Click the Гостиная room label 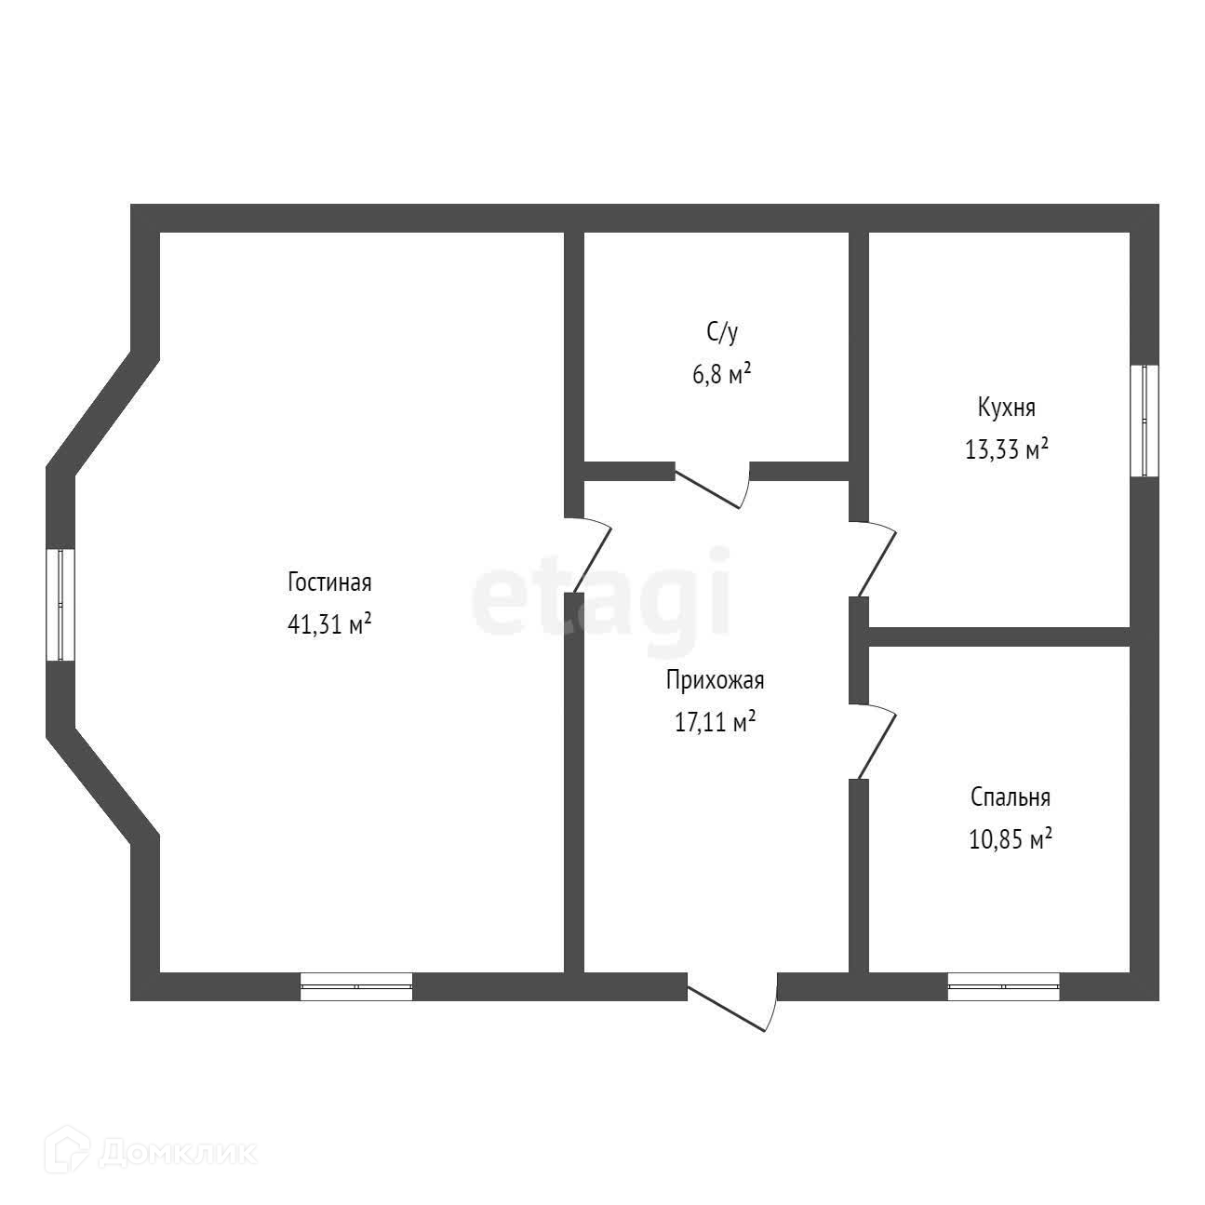click(x=329, y=583)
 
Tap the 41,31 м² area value click(x=329, y=624)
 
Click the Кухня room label click(x=1006, y=408)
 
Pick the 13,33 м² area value click(x=1007, y=450)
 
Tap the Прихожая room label click(x=715, y=680)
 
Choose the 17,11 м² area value click(x=715, y=722)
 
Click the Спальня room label click(x=1010, y=797)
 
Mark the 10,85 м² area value click(x=1010, y=840)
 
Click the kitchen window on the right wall click(x=1145, y=421)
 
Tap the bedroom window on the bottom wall click(x=1003, y=985)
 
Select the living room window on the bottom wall click(x=356, y=985)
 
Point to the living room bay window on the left click(x=60, y=605)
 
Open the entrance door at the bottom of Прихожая click(x=731, y=1000)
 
